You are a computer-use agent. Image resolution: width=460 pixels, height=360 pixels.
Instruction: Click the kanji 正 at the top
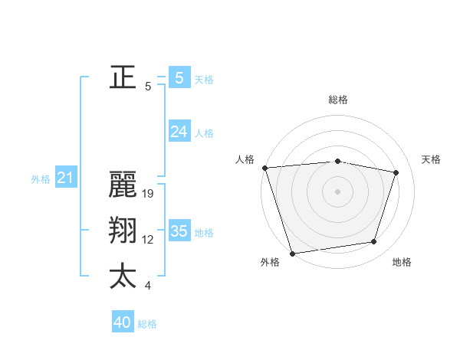(123, 77)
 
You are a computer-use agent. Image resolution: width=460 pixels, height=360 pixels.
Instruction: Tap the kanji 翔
(123, 231)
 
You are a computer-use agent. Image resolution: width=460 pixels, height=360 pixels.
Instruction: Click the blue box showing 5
(179, 77)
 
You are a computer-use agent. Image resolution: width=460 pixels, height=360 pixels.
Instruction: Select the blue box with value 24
(179, 132)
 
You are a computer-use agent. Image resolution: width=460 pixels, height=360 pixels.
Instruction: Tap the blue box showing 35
(179, 231)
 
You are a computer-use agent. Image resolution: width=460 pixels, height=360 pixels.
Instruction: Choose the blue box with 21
(65, 178)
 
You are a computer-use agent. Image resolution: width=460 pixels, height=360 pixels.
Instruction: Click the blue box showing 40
(122, 322)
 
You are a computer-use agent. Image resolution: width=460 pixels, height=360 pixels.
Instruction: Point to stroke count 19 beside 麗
(149, 194)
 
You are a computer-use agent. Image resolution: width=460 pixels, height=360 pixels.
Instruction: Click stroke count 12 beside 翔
(148, 240)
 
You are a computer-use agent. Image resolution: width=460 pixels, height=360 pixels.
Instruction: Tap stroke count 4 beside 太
(148, 286)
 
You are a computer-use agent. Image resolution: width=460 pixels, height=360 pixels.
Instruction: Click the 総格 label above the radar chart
(338, 100)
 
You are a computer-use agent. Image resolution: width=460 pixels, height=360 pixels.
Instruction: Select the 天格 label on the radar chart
(432, 159)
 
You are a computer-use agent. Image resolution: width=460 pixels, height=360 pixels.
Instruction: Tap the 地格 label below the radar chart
(402, 262)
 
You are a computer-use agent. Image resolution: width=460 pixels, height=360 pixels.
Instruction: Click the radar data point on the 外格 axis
(292, 253)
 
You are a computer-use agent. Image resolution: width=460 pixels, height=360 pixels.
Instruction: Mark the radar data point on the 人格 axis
(264, 167)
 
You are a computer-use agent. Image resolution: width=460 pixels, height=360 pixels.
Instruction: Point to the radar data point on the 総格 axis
(338, 161)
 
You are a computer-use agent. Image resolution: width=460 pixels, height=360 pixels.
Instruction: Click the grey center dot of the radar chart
(338, 191)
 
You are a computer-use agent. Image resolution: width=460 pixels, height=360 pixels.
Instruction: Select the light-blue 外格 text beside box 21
(41, 179)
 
